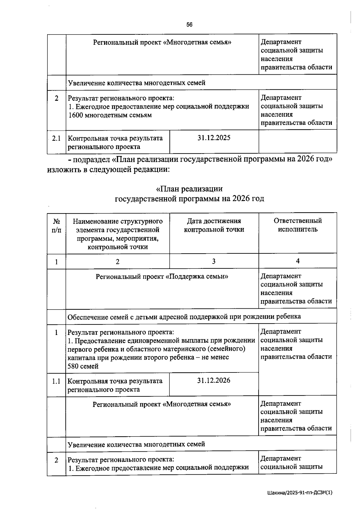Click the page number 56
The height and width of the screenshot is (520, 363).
[189, 25]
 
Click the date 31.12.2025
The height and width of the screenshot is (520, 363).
[214, 138]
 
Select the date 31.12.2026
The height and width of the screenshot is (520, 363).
[214, 380]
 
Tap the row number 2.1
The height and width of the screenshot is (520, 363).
[56, 138]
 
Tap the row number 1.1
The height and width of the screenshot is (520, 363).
[56, 381]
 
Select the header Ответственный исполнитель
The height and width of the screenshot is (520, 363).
[298, 225]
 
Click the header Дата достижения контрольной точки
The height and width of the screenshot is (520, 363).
[214, 225]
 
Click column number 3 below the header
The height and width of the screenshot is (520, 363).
[214, 261]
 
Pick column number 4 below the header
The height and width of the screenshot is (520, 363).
[298, 261]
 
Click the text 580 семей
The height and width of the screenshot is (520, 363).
[83, 366]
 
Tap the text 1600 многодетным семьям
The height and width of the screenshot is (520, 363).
[110, 115]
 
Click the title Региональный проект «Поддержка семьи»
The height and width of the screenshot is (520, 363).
[162, 276]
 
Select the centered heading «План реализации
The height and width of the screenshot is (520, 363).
[189, 189]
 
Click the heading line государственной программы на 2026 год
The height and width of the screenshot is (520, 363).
[189, 199]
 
